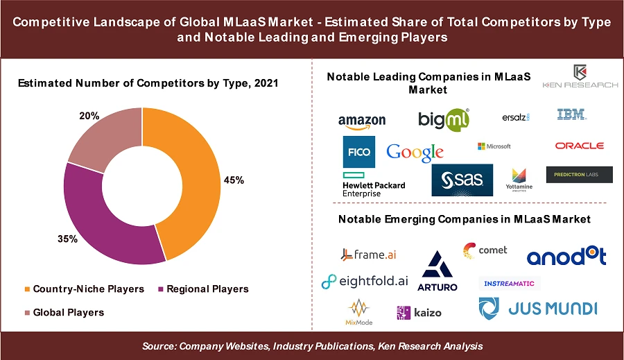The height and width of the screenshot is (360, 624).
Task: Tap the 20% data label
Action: (89, 117)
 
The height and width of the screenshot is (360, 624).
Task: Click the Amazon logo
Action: (362, 121)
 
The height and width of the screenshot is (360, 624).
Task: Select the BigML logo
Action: (444, 119)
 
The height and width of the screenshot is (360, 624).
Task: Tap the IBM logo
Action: (571, 114)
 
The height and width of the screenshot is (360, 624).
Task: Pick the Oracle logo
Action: (579, 146)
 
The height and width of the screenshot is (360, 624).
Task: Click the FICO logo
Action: (358, 152)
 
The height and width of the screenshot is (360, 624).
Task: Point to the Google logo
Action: (415, 152)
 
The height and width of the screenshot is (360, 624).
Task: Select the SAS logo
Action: (462, 180)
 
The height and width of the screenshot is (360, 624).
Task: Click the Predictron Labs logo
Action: (579, 175)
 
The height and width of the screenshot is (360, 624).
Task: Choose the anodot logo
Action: (566, 257)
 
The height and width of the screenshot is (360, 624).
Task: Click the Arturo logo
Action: (437, 271)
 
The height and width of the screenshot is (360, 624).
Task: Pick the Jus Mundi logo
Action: (537, 308)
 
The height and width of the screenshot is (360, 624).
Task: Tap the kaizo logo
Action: (419, 313)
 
